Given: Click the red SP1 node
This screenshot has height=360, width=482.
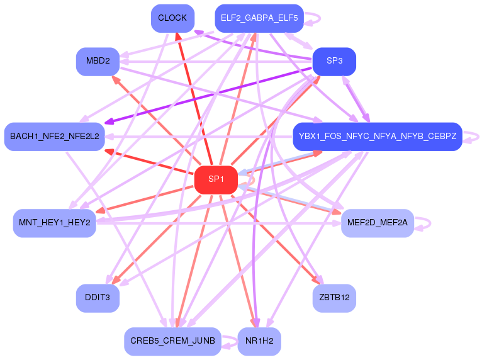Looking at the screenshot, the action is click(x=216, y=180).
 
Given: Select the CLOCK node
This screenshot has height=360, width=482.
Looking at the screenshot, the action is click(x=172, y=18).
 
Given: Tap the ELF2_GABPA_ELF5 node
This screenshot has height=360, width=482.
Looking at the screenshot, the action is click(x=259, y=18).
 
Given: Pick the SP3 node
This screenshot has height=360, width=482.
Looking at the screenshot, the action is click(x=334, y=61).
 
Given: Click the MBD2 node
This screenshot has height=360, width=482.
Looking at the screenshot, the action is click(x=98, y=61).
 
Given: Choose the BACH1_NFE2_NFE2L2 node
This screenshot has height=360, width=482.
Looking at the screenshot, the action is click(x=54, y=137).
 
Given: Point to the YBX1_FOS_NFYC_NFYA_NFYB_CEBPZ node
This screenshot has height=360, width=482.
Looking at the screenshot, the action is click(x=378, y=137).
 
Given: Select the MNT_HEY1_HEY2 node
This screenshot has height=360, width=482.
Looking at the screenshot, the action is click(x=54, y=223).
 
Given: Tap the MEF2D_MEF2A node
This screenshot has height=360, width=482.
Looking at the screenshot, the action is click(x=378, y=223).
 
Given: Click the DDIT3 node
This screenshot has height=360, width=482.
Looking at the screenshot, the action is click(x=98, y=298).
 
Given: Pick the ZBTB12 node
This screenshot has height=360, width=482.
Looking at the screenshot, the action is click(x=334, y=298).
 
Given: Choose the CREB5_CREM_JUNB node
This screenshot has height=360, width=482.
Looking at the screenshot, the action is click(x=172, y=341).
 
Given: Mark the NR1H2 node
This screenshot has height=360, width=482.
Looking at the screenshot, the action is click(x=259, y=341).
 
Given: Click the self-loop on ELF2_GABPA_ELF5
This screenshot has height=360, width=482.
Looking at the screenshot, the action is click(x=320, y=18).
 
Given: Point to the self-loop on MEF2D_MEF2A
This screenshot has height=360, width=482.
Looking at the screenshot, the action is click(x=430, y=223).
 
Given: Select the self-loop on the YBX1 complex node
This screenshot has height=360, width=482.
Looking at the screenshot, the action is click(x=478, y=137).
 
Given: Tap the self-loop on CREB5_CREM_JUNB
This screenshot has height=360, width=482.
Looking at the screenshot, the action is click(x=236, y=341).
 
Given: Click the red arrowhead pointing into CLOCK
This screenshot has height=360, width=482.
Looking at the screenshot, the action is click(x=177, y=37).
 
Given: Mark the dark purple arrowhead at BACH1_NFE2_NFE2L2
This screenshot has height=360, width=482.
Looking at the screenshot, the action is click(x=109, y=121).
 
